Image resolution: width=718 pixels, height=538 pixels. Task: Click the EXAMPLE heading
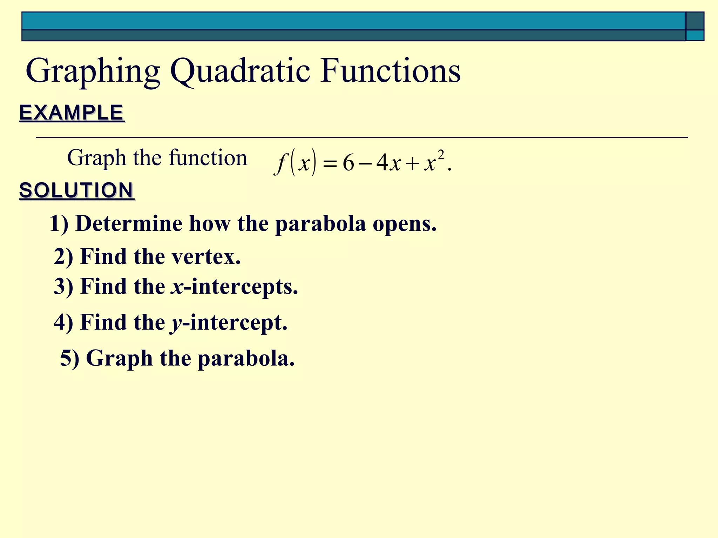(x=72, y=113)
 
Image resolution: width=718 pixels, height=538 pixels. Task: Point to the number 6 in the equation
(x=348, y=163)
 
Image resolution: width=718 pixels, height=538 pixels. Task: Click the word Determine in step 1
(x=129, y=223)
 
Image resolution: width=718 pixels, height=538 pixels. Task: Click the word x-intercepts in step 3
(x=235, y=287)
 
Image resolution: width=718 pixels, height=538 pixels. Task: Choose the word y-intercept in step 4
(x=229, y=323)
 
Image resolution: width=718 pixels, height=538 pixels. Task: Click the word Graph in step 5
(x=120, y=359)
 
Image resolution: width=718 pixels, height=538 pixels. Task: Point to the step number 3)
(x=63, y=287)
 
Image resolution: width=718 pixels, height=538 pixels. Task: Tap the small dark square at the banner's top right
(x=695, y=21)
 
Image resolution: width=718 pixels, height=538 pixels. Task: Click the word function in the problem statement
(x=208, y=158)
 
